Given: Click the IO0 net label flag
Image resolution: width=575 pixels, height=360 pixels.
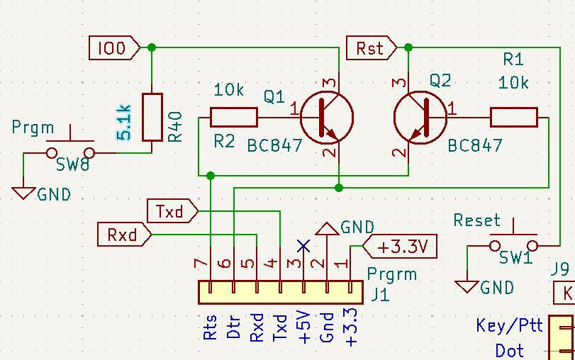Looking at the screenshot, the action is coord(114,47).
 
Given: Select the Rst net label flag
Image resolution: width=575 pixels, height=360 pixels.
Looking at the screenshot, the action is coord(372,47).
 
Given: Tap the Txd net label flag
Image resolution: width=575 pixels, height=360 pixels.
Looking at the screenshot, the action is coord(172,210).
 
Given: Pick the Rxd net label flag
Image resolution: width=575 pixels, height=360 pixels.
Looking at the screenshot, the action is coord(124,235).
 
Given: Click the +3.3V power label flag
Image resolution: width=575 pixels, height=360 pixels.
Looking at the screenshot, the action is coord(400,247).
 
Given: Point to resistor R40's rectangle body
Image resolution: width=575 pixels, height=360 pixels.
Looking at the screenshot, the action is coord(152,118).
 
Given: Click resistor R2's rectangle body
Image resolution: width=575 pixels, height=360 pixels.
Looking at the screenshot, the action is coord(233,118).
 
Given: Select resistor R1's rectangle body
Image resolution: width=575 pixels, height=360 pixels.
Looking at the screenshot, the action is coord(514,118).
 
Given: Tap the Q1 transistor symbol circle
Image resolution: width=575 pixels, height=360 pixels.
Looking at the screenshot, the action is coord(327,118).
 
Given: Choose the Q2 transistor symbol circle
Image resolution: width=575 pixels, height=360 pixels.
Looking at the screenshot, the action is coord(420,118).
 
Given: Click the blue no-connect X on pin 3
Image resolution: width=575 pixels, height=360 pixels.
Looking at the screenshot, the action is coord(303,246).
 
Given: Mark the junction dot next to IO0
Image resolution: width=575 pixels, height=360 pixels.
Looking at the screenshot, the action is coord(152,47).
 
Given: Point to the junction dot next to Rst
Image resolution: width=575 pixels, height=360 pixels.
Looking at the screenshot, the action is coord(408,47).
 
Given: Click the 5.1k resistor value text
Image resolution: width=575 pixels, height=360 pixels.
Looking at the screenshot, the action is coord(124,123).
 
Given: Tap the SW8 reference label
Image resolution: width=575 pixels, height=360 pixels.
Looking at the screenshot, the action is coord(72,164).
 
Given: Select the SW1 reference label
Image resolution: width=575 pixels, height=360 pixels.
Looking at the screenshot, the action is coord(515,258).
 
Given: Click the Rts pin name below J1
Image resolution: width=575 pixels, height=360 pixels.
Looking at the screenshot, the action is coord(210,327).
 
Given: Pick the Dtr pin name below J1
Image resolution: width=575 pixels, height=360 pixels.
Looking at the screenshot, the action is coord(233,327).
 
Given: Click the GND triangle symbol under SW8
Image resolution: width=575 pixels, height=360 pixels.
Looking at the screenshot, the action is coord(23,193).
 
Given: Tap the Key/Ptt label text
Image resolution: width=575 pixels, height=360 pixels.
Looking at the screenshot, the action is coord(509,325).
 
